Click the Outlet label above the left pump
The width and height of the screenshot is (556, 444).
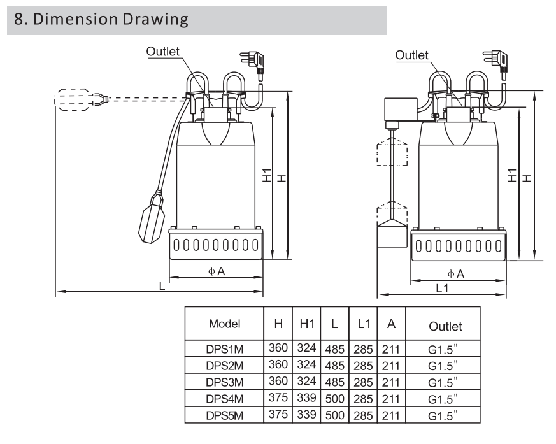pyautogui.click(x=162, y=52)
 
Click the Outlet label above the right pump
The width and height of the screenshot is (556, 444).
pyautogui.click(x=411, y=55)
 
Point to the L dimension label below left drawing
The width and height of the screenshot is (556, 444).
pyautogui.click(x=162, y=287)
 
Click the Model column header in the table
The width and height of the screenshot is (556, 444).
pyautogui.click(x=224, y=324)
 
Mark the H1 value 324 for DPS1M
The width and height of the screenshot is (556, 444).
pyautogui.click(x=306, y=348)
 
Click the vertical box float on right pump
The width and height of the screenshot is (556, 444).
pyautogui.click(x=391, y=233)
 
